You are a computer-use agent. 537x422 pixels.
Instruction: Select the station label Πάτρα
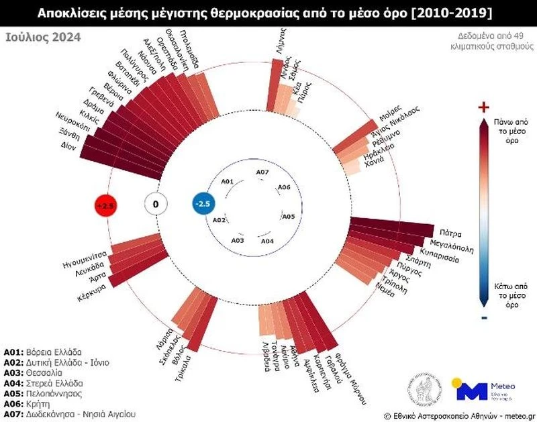(447, 234)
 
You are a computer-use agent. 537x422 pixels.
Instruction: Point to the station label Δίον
(68, 146)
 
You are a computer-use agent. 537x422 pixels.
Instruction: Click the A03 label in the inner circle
(238, 240)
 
